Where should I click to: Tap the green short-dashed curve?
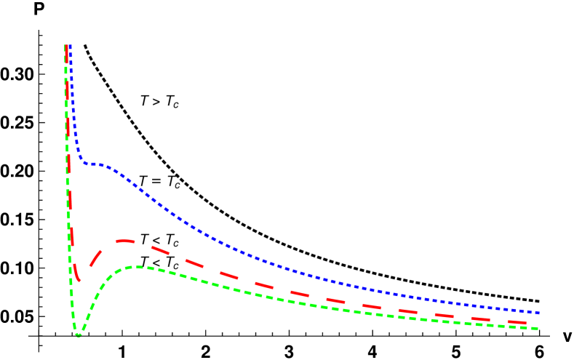pyautogui.click(x=291, y=300)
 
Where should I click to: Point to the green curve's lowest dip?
pyautogui.click(x=78, y=335)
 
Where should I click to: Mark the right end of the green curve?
pyautogui.click(x=537, y=329)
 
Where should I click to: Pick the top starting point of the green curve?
pyautogui.click(x=65, y=47)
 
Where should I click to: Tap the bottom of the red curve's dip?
pyautogui.click(x=78, y=279)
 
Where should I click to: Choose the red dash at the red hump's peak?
pyautogui.click(x=125, y=240)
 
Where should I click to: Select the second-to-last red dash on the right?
pyautogui.click(x=480, y=318)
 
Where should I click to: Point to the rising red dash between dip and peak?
pyautogui.click(x=95, y=256)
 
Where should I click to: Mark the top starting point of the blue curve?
pyautogui.click(x=70, y=47)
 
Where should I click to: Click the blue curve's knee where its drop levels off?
pyautogui.click(x=83, y=162)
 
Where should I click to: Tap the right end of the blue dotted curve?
pyautogui.click(x=538, y=312)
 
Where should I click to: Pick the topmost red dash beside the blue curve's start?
pyautogui.click(x=67, y=54)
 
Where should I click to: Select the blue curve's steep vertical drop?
pyautogui.click(x=73, y=109)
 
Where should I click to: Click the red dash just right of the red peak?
pyautogui.click(x=160, y=250)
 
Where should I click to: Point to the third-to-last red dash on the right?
pyautogui.click(x=444, y=313)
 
